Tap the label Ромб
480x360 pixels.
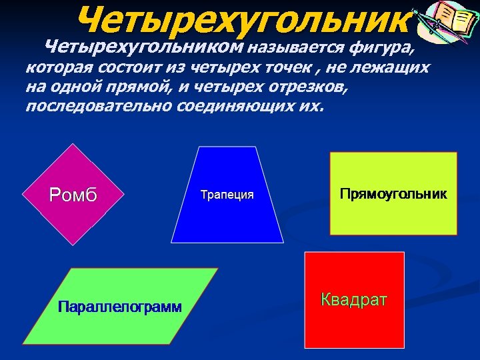pyautogui.click(x=73, y=195)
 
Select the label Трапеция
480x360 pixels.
pyautogui.click(x=227, y=195)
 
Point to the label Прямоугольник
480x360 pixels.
pyautogui.click(x=393, y=194)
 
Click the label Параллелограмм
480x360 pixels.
pyautogui.click(x=120, y=307)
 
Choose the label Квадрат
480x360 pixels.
pyautogui.click(x=354, y=299)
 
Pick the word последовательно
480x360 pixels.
pyautogui.click(x=99, y=107)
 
